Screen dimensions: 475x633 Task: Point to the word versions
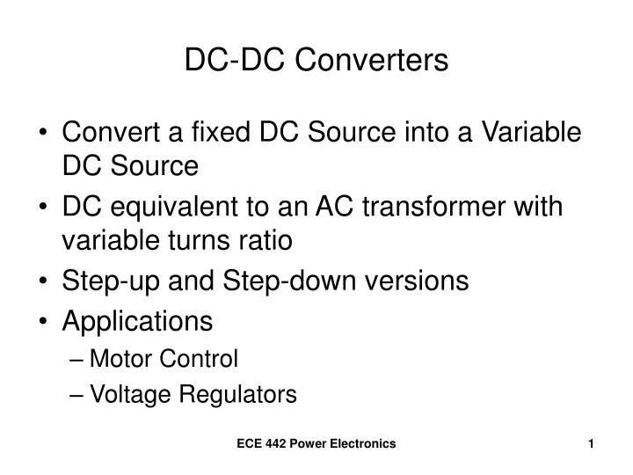tap(415, 281)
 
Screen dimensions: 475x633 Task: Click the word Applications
tap(137, 322)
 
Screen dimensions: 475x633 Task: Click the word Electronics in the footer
tap(361, 447)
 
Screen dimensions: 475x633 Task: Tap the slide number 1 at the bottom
tap(592, 447)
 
